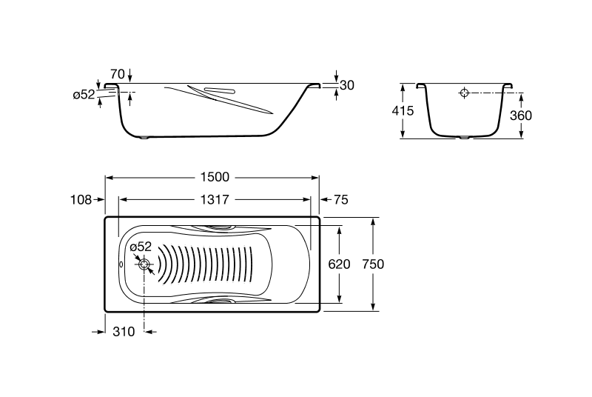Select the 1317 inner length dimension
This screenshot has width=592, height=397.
click(x=215, y=199)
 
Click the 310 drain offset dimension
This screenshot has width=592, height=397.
click(x=123, y=332)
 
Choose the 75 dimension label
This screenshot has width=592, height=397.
click(x=340, y=199)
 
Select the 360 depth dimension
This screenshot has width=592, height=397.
click(x=521, y=115)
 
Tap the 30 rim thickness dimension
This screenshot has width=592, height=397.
click(x=346, y=85)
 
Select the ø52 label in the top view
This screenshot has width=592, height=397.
click(x=141, y=247)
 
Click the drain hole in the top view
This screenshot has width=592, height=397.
click(x=145, y=264)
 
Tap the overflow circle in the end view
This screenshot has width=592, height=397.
click(x=464, y=93)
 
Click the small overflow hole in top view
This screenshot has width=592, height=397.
click(x=121, y=264)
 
